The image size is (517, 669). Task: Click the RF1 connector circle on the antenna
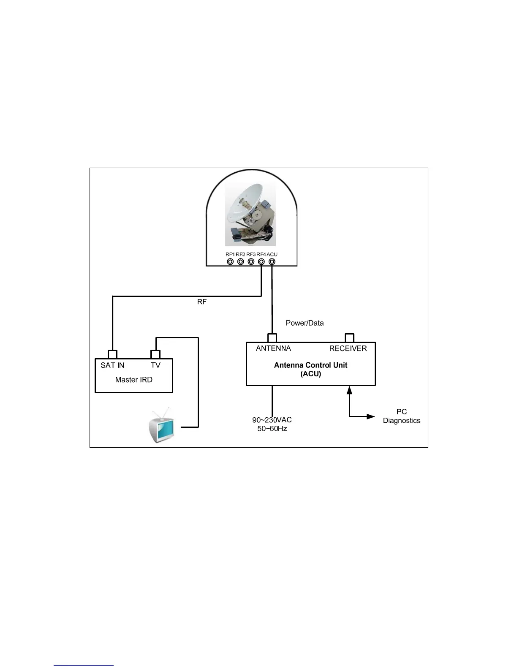[230, 262]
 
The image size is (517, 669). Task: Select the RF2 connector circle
[241, 262]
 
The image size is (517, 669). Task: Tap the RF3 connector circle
[251, 262]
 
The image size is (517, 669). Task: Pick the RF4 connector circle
[261, 262]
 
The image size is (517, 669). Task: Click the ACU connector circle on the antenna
[272, 262]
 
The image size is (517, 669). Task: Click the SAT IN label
[112, 365]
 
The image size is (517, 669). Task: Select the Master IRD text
[133, 380]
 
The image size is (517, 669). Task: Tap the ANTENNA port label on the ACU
[273, 348]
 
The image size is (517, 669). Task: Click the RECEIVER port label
[348, 348]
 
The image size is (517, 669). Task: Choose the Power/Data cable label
[305, 323]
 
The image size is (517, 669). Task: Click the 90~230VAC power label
[272, 420]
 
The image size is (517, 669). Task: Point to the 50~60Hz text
[272, 429]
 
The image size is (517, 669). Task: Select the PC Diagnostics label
[401, 416]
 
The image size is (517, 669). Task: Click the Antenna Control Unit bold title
[310, 365]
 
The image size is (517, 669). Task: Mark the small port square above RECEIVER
[349, 338]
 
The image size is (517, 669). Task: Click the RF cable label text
[202, 302]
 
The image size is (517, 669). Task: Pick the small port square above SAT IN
[112, 354]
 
